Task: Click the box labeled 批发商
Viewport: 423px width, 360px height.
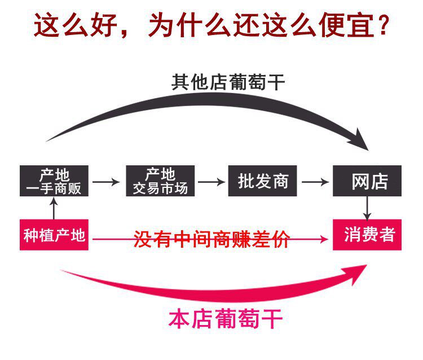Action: click(x=262, y=181)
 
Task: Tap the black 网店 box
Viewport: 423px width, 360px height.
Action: click(x=367, y=181)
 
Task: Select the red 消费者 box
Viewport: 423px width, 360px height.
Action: click(x=367, y=235)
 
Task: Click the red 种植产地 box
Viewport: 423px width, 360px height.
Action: click(x=54, y=235)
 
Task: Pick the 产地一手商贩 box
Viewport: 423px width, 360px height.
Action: click(x=54, y=181)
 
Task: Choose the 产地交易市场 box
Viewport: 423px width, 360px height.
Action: click(x=160, y=181)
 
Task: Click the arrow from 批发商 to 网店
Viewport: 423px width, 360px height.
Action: click(x=315, y=182)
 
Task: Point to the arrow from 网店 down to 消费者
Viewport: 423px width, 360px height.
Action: click(x=367, y=208)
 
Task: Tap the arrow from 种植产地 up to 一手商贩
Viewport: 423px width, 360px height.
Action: click(x=54, y=208)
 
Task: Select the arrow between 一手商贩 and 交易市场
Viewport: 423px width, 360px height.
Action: click(x=106, y=182)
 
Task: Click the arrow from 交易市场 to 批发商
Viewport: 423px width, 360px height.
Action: click(x=211, y=182)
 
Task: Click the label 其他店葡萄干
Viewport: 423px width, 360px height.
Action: click(x=228, y=82)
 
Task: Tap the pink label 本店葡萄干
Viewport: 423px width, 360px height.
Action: click(x=226, y=319)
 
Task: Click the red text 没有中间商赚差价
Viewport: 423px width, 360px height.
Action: click(x=211, y=239)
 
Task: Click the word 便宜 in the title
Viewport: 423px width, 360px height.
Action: click(x=347, y=25)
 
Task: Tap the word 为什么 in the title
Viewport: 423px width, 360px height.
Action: click(x=190, y=25)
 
